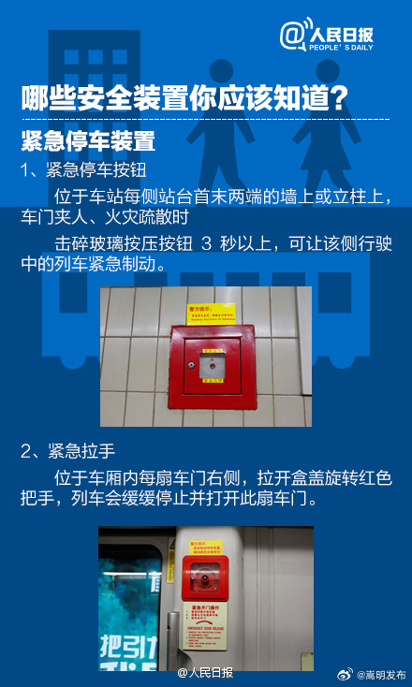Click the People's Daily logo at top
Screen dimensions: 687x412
tap(340, 35)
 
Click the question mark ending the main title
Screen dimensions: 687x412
tap(341, 97)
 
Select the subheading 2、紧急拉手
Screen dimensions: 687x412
tap(68, 451)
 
